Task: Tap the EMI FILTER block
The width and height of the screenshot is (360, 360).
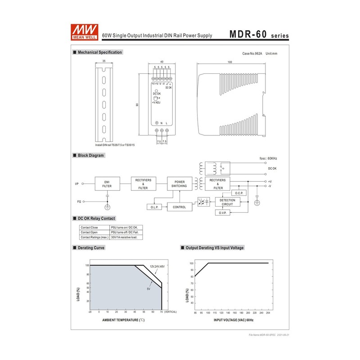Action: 107,184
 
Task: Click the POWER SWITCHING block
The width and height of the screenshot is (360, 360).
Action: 179,184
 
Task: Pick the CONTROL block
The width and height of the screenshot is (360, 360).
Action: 179,207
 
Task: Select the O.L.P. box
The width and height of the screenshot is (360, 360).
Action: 153,207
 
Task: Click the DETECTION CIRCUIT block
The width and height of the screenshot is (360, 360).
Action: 227,202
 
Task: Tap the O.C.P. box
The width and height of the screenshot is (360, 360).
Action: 239,193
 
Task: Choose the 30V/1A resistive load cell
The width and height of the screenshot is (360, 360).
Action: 124,237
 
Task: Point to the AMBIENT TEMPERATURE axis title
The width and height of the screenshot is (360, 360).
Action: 123,319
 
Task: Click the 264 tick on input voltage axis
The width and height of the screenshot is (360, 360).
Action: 268,312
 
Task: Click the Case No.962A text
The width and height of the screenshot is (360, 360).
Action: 252,54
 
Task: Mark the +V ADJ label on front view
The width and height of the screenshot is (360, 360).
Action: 156,103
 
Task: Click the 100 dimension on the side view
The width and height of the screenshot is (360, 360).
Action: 230,62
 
